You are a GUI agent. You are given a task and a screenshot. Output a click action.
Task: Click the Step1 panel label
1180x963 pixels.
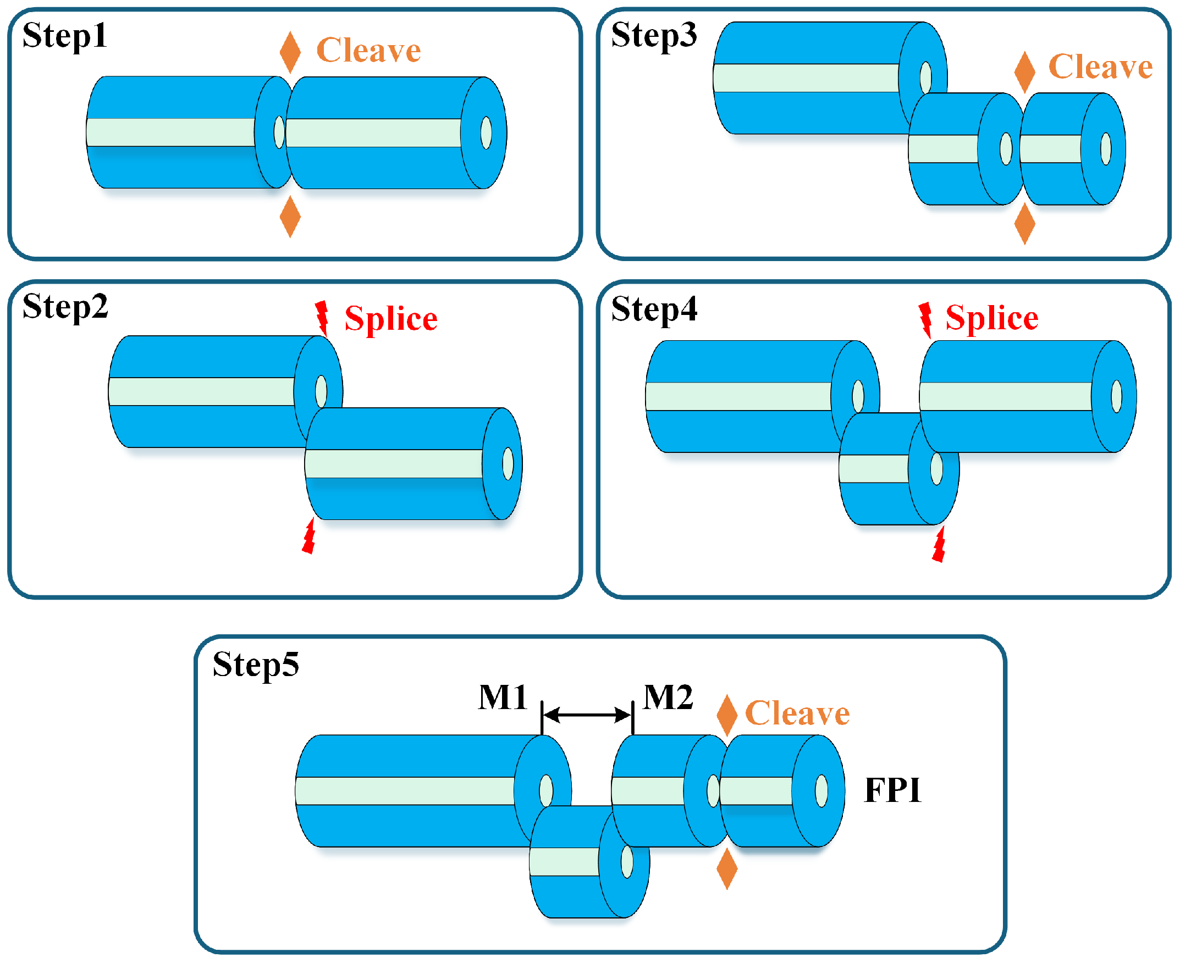pyautogui.click(x=64, y=37)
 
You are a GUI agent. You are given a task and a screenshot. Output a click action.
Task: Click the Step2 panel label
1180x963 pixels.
pyautogui.click(x=65, y=307)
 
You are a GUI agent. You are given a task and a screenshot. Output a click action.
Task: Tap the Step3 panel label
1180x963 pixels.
pyautogui.click(x=654, y=37)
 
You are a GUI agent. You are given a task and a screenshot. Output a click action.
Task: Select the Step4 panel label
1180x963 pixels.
pyautogui.click(x=654, y=310)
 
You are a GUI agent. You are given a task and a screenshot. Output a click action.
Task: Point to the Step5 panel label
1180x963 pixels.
pyautogui.click(x=256, y=665)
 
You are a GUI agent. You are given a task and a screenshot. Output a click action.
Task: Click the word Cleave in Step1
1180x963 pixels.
pyautogui.click(x=368, y=51)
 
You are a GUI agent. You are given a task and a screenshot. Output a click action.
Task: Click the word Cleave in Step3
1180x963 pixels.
pyautogui.click(x=1100, y=68)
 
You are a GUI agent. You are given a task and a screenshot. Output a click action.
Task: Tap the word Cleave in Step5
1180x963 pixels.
pyautogui.click(x=797, y=714)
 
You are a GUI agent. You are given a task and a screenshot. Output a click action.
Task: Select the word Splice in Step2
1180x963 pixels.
pyautogui.click(x=390, y=319)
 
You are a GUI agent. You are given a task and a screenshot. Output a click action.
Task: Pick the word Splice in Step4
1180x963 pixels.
pyautogui.click(x=991, y=319)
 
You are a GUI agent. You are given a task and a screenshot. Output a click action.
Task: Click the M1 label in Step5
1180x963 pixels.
pyautogui.click(x=503, y=698)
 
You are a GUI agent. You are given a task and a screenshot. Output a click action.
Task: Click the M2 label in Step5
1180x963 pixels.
pyautogui.click(x=668, y=698)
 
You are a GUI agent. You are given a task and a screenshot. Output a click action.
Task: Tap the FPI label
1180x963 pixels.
pyautogui.click(x=892, y=790)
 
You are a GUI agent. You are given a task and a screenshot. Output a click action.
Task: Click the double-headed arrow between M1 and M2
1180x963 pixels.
pyautogui.click(x=587, y=716)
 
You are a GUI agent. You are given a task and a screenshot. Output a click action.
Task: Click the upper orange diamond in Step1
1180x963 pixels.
pyautogui.click(x=290, y=53)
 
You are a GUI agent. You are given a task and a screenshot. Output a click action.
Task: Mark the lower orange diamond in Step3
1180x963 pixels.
pyautogui.click(x=1024, y=224)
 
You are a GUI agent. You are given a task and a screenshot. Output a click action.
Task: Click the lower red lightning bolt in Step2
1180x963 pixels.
pyautogui.click(x=309, y=536)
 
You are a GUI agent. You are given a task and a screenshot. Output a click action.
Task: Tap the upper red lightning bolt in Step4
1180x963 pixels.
pyautogui.click(x=924, y=319)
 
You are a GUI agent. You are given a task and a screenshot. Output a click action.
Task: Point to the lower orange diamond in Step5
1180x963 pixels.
pyautogui.click(x=727, y=869)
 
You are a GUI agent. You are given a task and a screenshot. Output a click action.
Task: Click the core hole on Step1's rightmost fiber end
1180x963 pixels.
pyautogui.click(x=486, y=133)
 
